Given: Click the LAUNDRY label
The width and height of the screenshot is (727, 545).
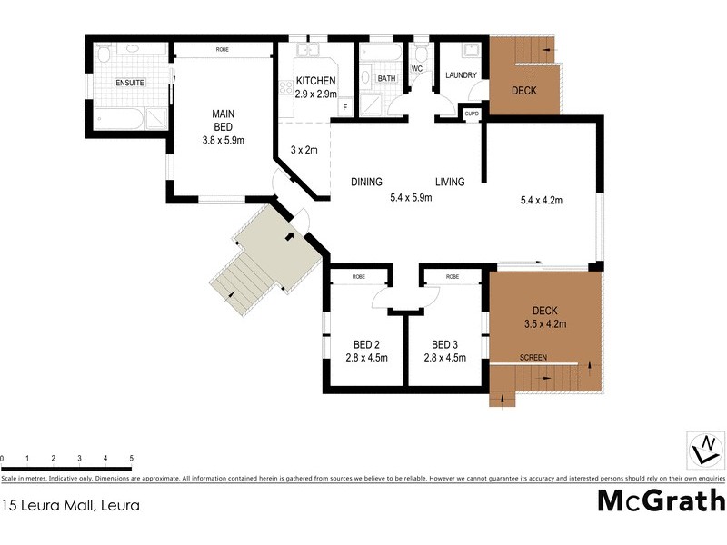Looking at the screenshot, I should coord(462,75).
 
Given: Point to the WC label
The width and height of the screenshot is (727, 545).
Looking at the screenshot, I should coord(417,68).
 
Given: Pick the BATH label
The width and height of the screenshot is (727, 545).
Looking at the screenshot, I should coord(386,79).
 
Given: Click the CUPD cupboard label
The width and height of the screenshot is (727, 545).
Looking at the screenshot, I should coord(472,113).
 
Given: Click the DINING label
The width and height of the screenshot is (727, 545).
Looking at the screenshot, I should coord(366,182).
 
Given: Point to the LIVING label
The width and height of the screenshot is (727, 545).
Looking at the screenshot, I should coord(449,182).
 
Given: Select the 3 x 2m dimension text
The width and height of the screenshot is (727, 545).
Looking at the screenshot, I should coord(304,150).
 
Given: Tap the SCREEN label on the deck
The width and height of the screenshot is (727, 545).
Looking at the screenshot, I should coord(533,358).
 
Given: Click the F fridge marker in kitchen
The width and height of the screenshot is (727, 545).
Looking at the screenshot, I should coord(345,108).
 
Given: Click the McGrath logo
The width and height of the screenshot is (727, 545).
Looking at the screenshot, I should coord(661,500).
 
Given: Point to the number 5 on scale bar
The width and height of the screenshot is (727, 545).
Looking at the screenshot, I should coord(132,459).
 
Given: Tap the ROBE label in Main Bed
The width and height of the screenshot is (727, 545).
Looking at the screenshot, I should coord(222,48).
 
